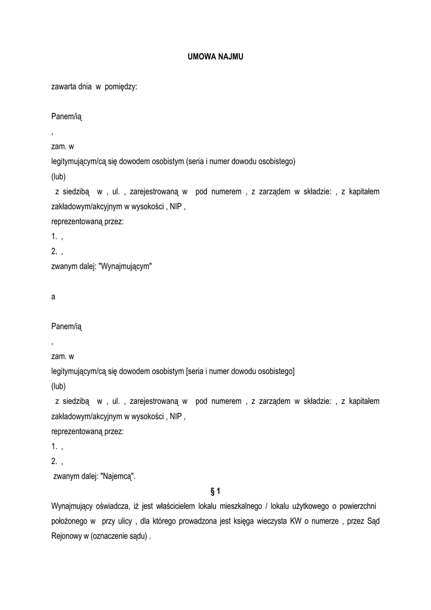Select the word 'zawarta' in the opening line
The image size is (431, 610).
coord(63,86)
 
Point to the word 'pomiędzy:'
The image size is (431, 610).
coord(121,86)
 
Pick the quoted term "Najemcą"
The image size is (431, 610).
coord(118,476)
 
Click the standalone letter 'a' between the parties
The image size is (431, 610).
coord(54,297)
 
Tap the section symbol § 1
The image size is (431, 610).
coord(215,491)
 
